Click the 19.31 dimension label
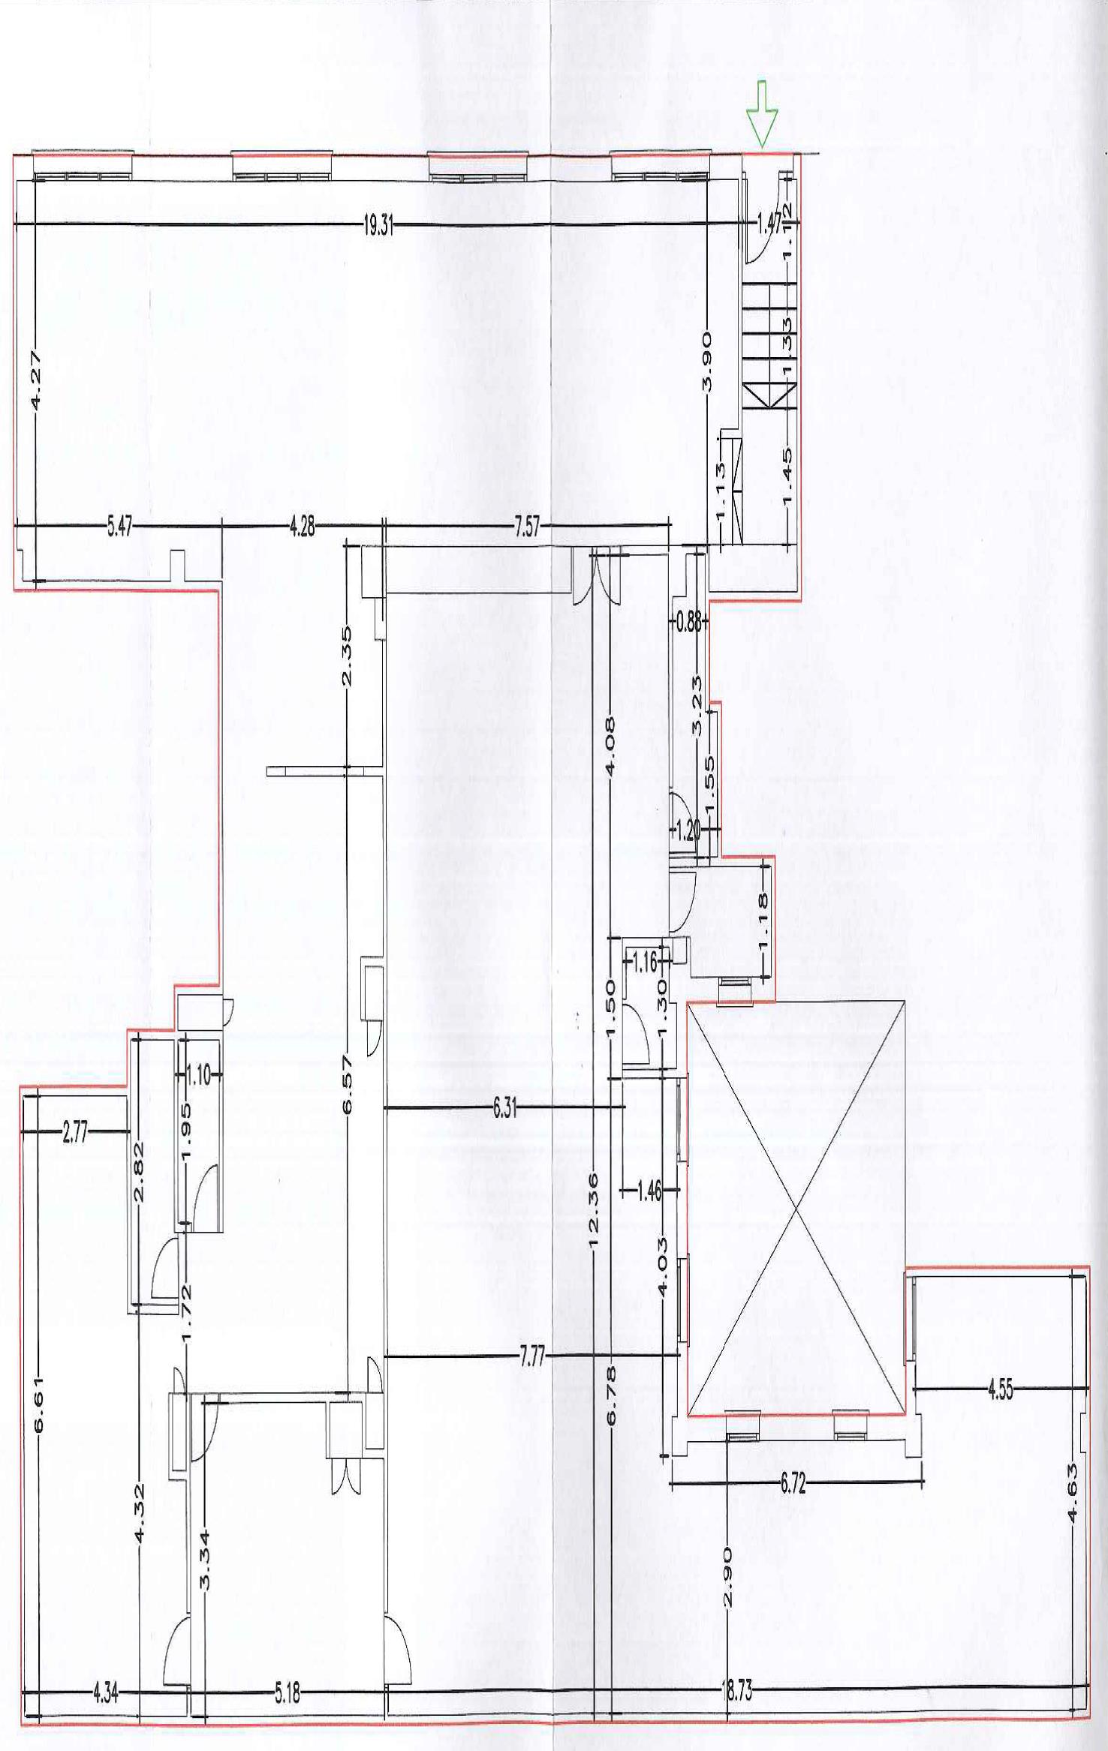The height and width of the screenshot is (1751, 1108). (378, 225)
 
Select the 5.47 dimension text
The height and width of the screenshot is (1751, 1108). (119, 527)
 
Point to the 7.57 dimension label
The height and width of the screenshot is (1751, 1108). (526, 527)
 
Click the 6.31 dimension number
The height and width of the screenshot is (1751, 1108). (505, 1109)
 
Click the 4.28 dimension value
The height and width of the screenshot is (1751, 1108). (302, 527)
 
